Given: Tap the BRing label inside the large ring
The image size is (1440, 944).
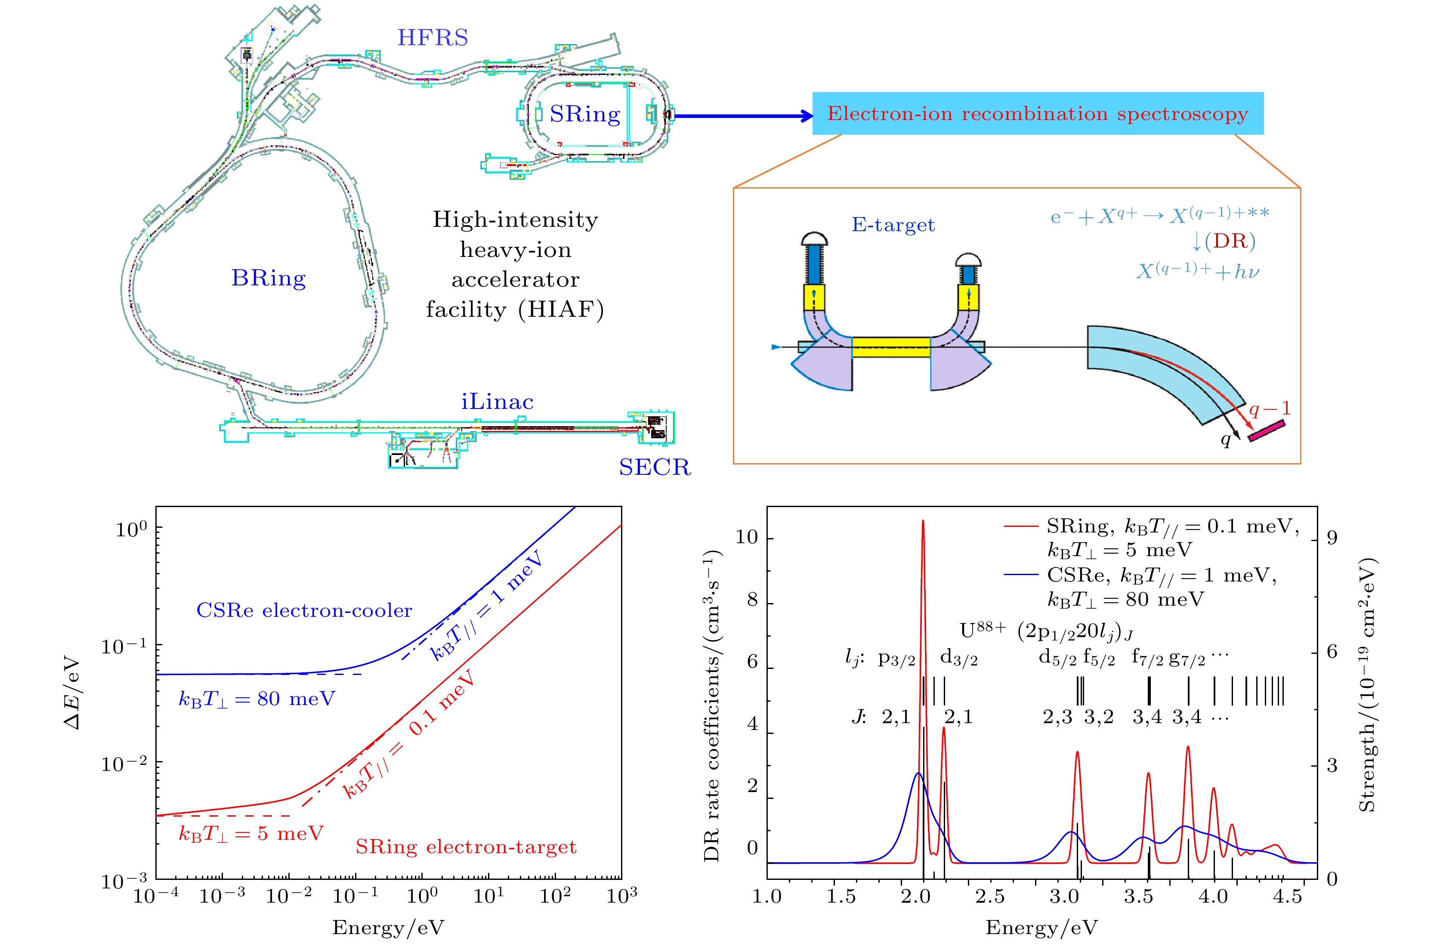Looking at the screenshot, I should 269,279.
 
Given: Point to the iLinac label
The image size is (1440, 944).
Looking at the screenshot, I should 498,402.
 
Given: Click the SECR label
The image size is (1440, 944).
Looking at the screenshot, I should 654,467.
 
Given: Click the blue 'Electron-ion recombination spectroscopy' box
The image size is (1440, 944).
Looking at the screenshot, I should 1037,114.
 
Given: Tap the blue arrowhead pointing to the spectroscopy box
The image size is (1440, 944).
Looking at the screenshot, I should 806,116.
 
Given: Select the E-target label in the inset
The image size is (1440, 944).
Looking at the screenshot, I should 893,225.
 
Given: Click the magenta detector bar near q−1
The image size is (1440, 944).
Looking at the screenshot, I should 1267,430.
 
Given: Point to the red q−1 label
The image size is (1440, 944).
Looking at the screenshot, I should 1270,409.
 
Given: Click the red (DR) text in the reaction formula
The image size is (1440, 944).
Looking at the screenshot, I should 1230,241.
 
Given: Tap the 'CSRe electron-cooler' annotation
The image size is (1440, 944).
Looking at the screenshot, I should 304,610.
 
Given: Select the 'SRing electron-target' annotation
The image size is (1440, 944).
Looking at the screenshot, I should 466,847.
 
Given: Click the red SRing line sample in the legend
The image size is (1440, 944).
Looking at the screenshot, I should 1021,526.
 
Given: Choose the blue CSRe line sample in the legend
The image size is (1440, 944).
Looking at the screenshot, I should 1021,575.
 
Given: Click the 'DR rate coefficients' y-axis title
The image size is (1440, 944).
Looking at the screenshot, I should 712,706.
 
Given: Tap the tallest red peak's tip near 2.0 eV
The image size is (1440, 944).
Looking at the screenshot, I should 923,520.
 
